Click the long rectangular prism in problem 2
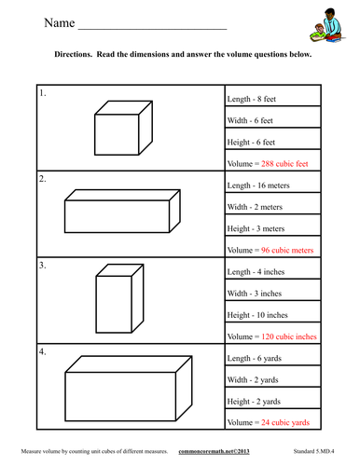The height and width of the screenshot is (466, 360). (121, 210)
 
